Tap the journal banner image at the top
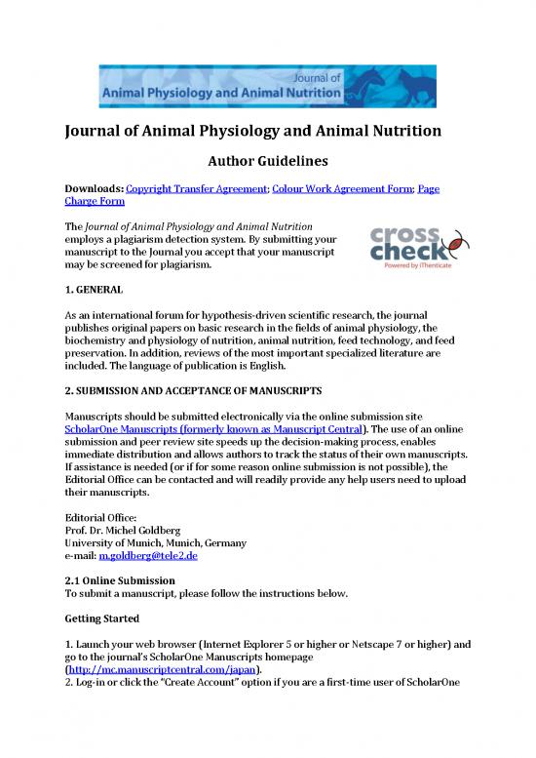click(268, 84)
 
